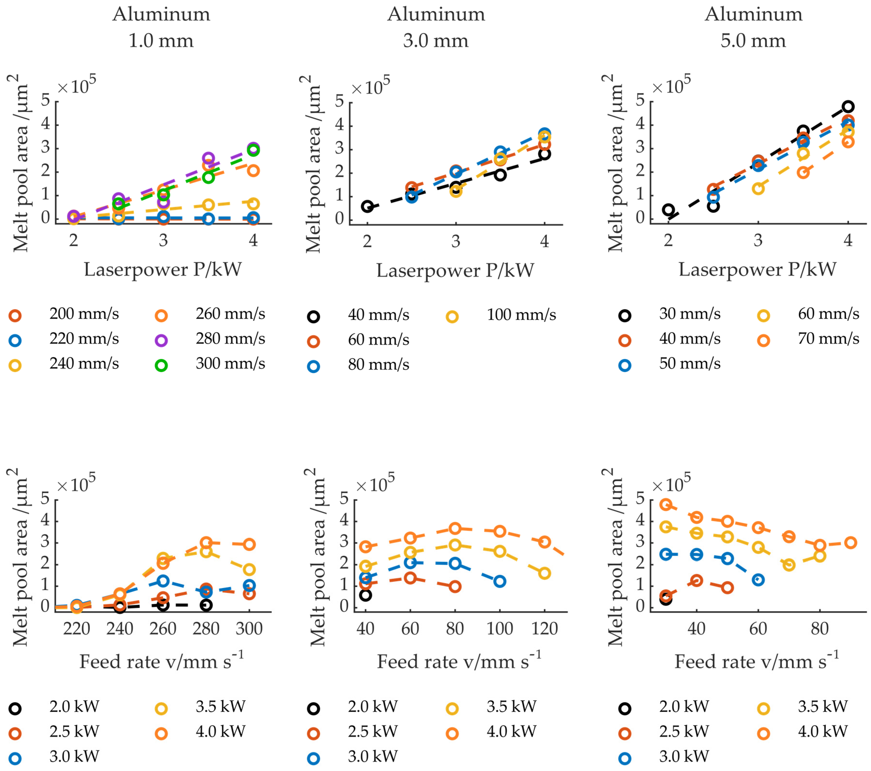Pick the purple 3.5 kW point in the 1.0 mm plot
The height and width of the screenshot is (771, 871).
coord(208,158)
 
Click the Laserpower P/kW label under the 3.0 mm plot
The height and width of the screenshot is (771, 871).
coord(455,270)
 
